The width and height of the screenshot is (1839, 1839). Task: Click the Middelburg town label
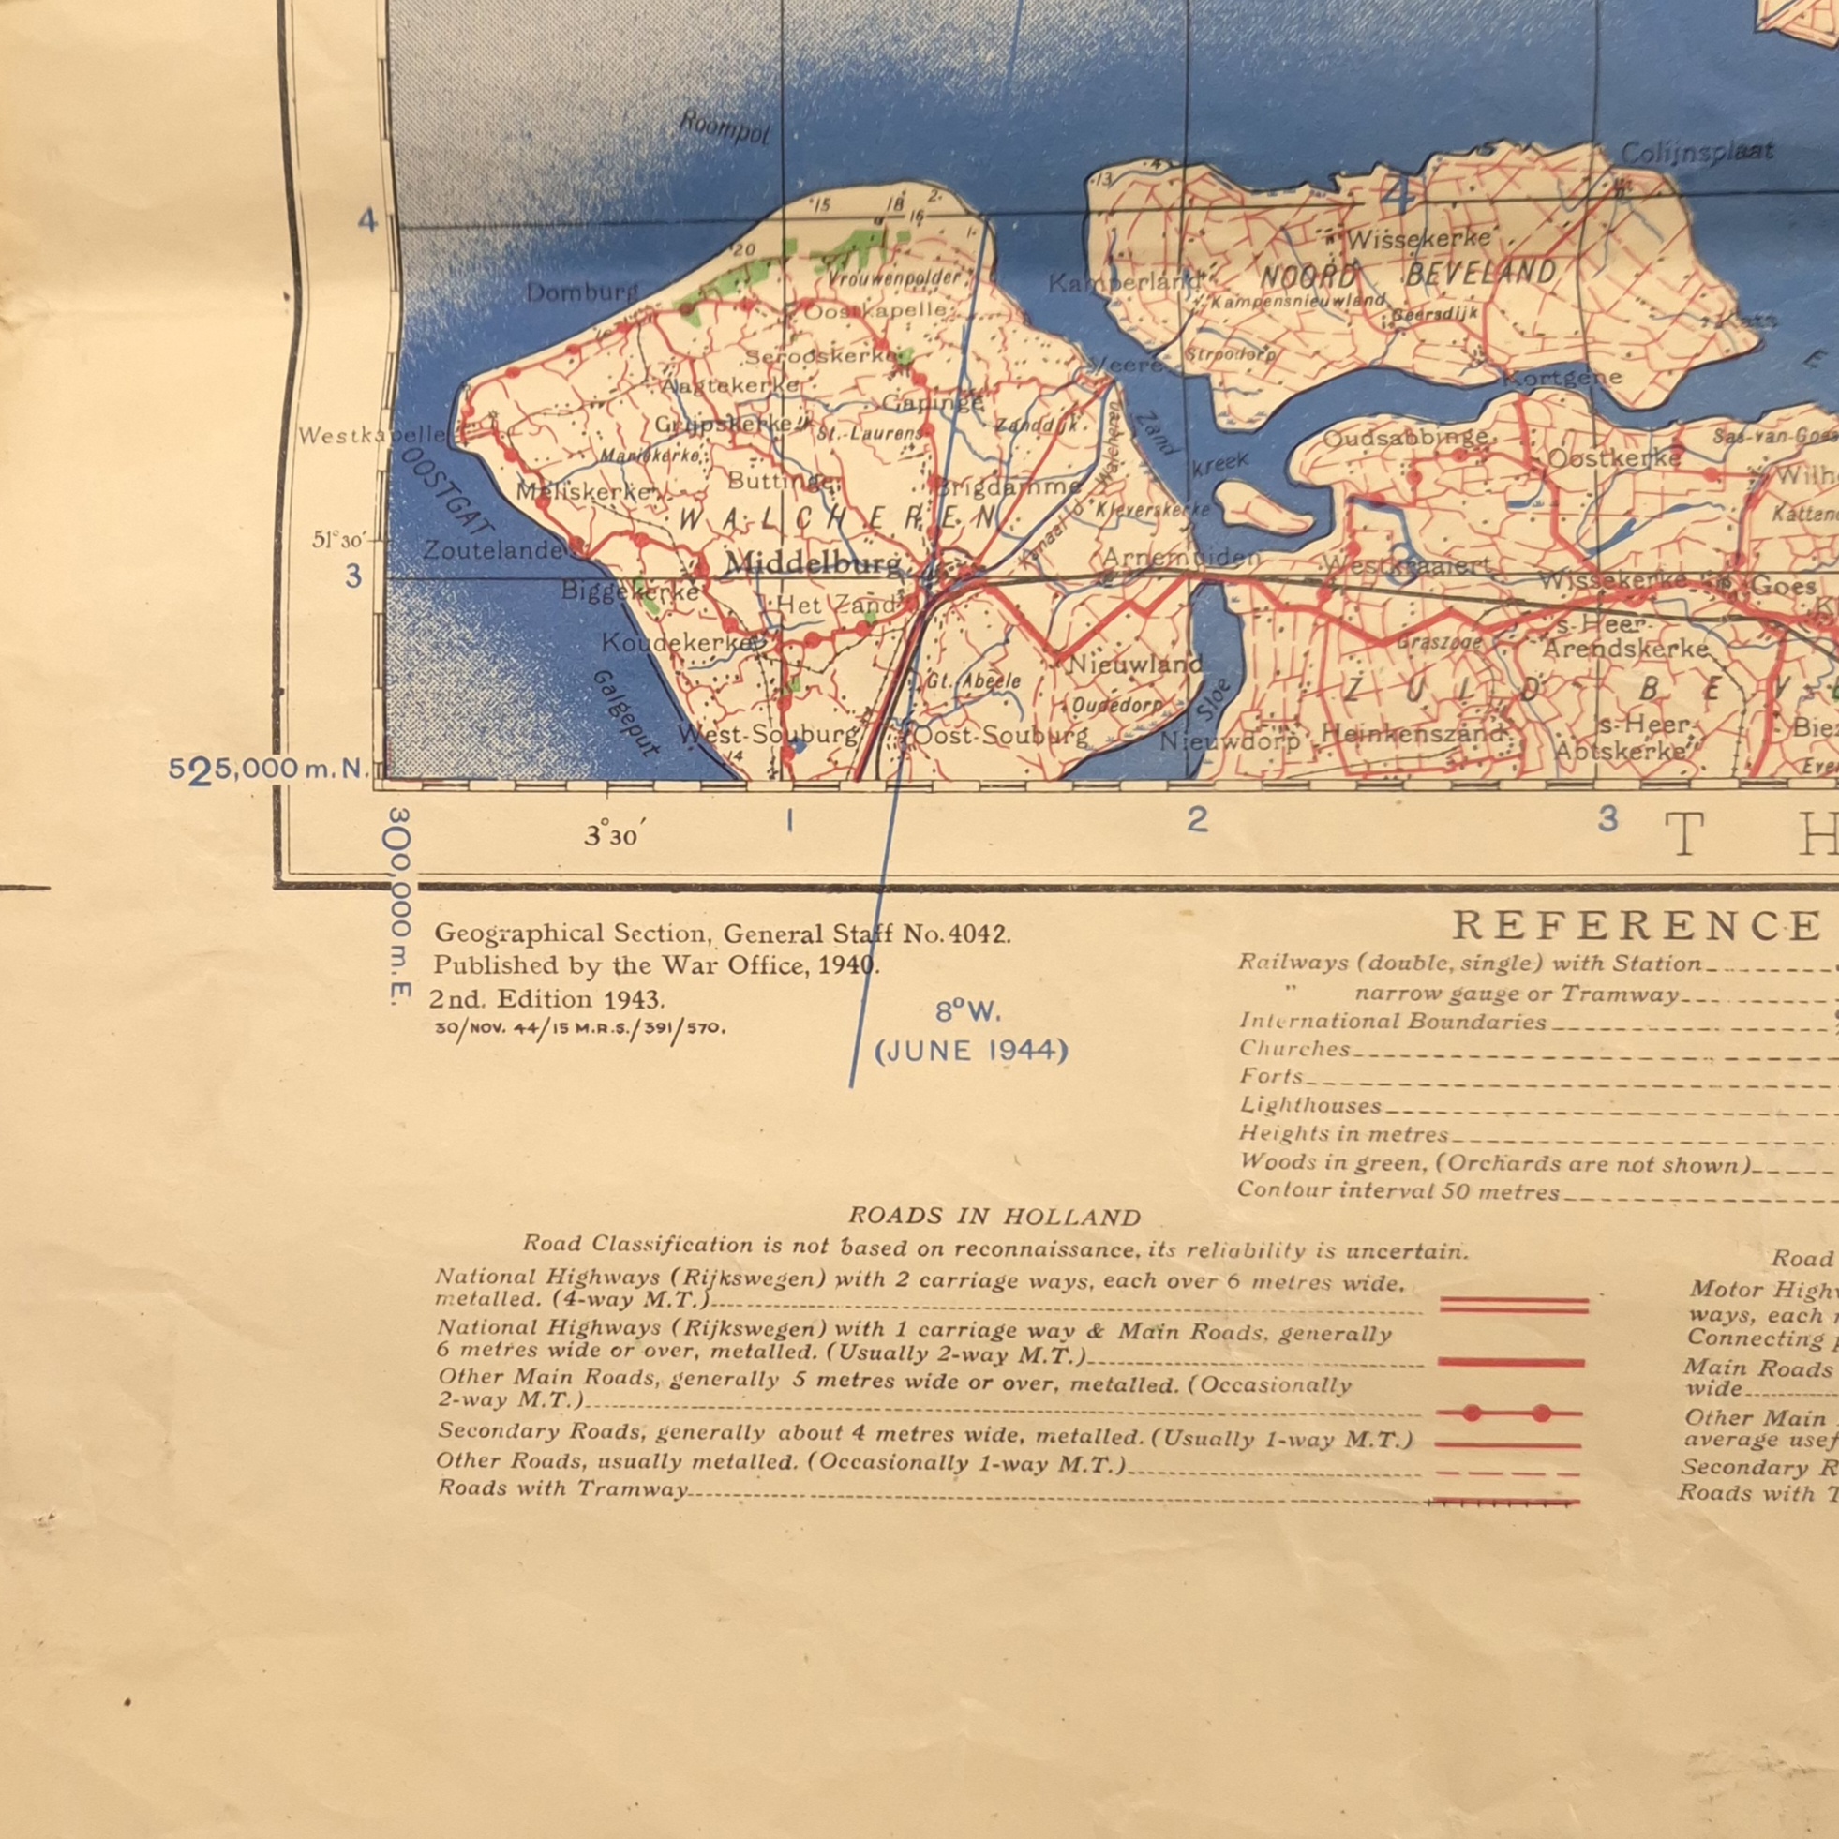pyautogui.click(x=812, y=563)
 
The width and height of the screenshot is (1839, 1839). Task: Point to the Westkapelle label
pyautogui.click(x=371, y=436)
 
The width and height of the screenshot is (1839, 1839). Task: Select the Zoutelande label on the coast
pyautogui.click(x=493, y=550)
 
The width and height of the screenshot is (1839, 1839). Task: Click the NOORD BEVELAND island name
pyautogui.click(x=1408, y=275)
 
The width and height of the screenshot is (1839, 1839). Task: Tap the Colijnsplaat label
pyautogui.click(x=1697, y=152)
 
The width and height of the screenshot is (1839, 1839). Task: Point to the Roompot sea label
pyautogui.click(x=725, y=128)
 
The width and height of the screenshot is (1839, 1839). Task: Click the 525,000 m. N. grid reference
pyautogui.click(x=268, y=770)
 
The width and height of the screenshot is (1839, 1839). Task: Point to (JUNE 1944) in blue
pyautogui.click(x=971, y=1051)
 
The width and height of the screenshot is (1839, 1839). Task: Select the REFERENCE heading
pyautogui.click(x=1636, y=925)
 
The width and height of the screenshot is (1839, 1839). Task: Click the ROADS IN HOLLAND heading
pyautogui.click(x=994, y=1217)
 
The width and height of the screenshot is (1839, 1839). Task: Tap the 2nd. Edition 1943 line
pyautogui.click(x=546, y=999)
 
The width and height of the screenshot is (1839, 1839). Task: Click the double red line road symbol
pyautogui.click(x=1514, y=1305)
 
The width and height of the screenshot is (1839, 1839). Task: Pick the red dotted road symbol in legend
pyautogui.click(x=1508, y=1413)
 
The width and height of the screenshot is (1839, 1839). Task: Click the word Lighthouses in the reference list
pyautogui.click(x=1309, y=1106)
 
